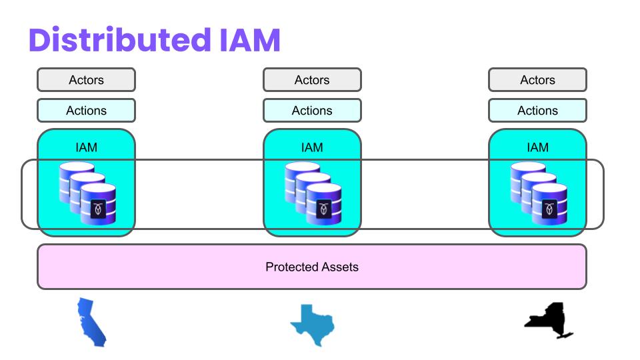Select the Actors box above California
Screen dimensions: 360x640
point(86,80)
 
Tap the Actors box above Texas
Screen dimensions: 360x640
point(312,80)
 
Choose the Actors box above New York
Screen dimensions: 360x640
point(537,80)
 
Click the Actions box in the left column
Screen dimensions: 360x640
point(86,111)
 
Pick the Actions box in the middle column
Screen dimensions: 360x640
point(312,111)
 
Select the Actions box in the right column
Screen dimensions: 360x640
point(537,111)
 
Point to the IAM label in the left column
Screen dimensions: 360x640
point(86,147)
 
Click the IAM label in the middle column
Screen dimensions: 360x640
point(312,147)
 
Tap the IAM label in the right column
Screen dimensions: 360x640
point(537,147)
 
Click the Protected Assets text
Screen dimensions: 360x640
point(312,267)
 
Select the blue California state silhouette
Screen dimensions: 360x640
point(91,323)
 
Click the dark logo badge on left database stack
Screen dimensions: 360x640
point(98,209)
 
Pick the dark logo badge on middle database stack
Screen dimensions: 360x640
point(324,209)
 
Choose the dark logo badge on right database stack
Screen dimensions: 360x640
point(549,209)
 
